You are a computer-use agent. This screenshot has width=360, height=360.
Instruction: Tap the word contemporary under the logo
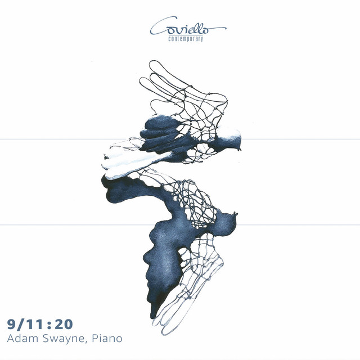186,39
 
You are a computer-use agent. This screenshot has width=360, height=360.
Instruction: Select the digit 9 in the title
11,324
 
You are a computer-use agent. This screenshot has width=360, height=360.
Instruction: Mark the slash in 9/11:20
20,325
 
